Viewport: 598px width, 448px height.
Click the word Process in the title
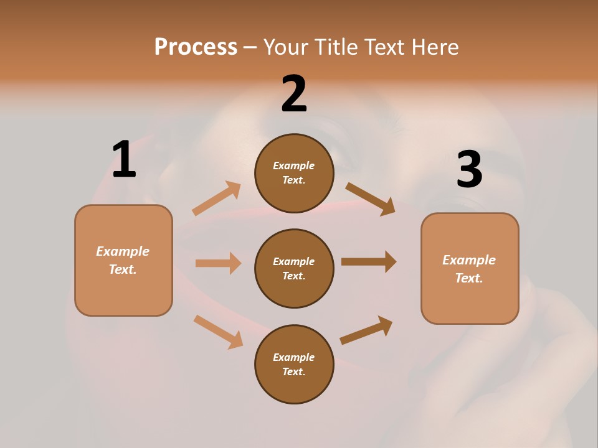click(196, 47)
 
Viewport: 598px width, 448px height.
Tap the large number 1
click(123, 159)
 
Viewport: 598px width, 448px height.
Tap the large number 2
click(294, 94)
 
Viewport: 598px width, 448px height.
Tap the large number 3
click(469, 169)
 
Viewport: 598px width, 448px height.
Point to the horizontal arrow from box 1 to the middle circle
click(218, 263)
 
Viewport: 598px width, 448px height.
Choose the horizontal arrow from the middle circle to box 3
click(368, 261)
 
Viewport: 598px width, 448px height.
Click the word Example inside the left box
click(123, 251)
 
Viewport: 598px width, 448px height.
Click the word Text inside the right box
click(468, 278)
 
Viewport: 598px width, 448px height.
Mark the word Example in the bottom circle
click(293, 357)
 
